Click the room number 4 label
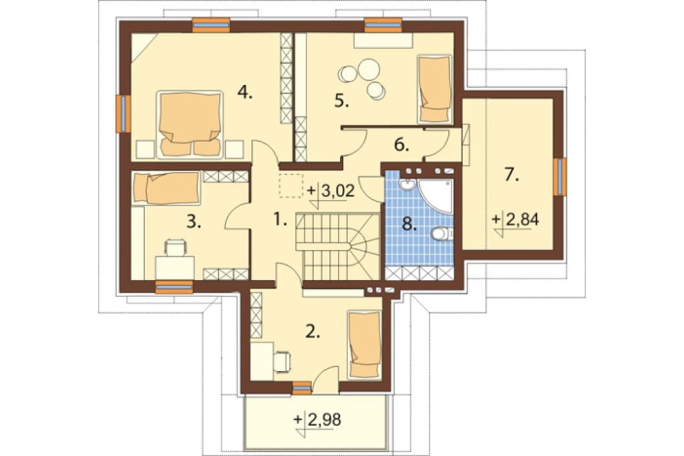click(x=245, y=92)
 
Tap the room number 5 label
click(x=342, y=101)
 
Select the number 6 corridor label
click(x=402, y=144)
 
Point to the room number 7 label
click(x=512, y=175)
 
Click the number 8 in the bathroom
click(x=408, y=224)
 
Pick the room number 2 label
click(x=313, y=331)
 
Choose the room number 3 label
click(x=194, y=223)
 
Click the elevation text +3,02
click(x=331, y=191)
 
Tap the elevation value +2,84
click(x=516, y=220)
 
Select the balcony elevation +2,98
click(x=317, y=420)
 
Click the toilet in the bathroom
click(x=442, y=234)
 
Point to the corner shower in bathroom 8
click(x=436, y=195)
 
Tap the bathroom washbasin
click(x=407, y=185)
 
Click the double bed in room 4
click(x=189, y=124)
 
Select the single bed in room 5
click(x=434, y=89)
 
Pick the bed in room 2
click(x=365, y=344)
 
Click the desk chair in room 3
click(x=175, y=248)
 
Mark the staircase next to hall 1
click(x=338, y=246)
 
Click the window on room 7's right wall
click(x=560, y=177)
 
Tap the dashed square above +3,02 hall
click(x=291, y=186)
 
